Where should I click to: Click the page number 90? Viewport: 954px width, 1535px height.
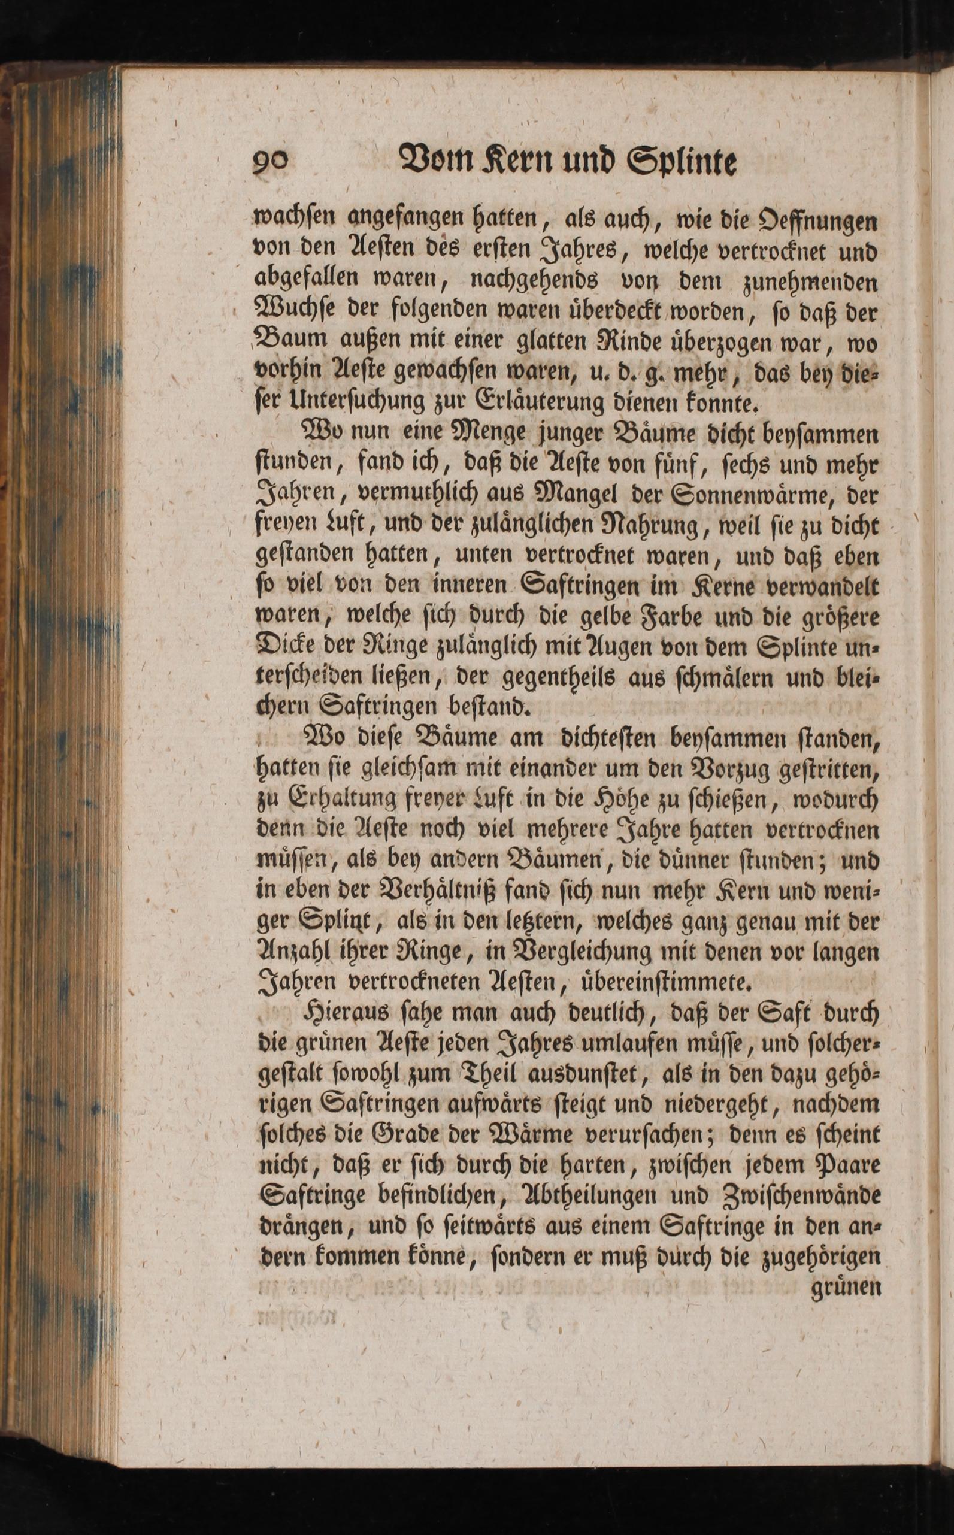click(x=272, y=164)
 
